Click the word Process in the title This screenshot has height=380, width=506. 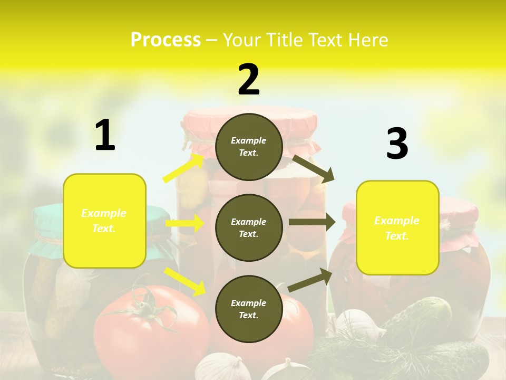(166, 40)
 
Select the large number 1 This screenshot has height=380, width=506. (105, 136)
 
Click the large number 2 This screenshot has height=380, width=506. (249, 80)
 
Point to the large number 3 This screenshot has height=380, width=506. (397, 144)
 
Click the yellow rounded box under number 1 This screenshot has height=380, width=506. (104, 221)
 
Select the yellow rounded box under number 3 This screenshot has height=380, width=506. (397, 227)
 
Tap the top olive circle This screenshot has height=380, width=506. (249, 147)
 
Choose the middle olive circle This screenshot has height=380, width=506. (249, 227)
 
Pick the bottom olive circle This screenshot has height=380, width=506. (249, 309)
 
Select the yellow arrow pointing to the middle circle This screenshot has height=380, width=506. (184, 223)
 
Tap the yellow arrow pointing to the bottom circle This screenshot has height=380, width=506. (185, 281)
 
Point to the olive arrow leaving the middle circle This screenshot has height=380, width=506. (312, 222)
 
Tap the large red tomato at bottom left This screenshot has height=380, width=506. (153, 327)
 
